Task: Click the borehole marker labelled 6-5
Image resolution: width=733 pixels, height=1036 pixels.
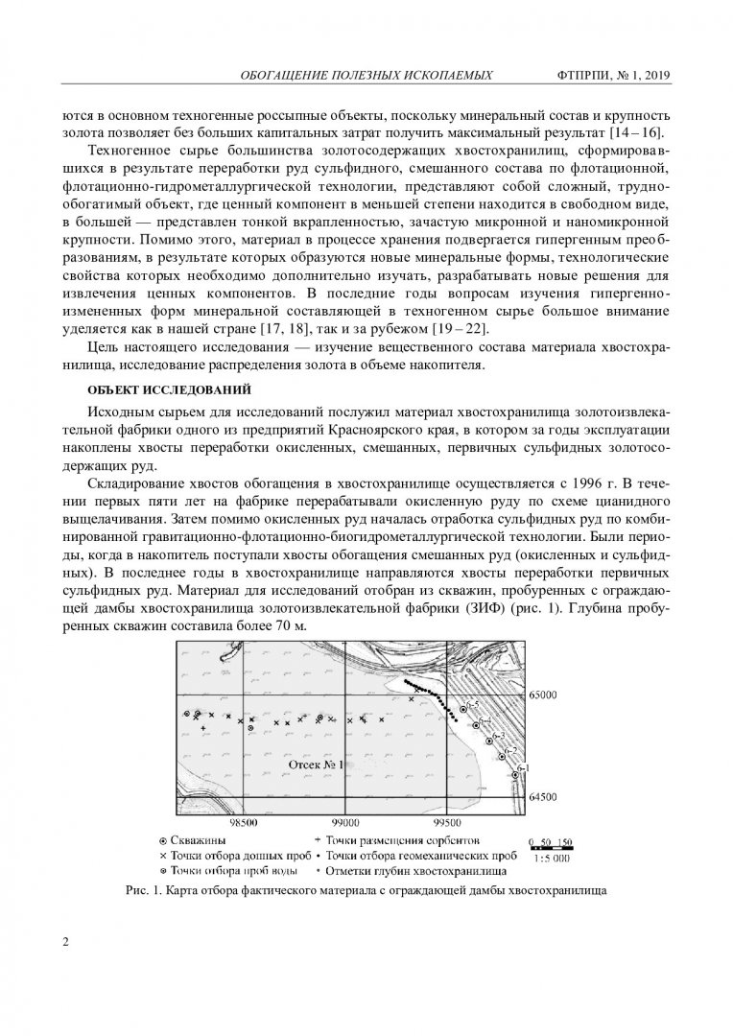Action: point(463,708)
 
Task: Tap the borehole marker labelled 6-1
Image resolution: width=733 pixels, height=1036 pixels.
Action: point(515,774)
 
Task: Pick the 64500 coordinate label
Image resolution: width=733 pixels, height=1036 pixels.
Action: point(550,797)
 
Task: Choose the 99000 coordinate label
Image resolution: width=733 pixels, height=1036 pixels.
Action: point(344,822)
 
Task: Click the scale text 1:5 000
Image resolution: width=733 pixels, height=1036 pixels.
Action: point(551,858)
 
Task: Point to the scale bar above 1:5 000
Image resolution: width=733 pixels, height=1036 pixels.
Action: point(551,847)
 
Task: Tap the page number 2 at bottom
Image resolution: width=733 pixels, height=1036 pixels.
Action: point(65,941)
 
